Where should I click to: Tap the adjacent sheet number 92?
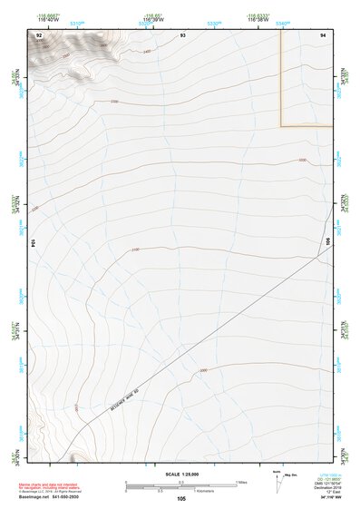pyautogui.click(x=39, y=34)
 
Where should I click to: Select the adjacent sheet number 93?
pyautogui.click(x=183, y=34)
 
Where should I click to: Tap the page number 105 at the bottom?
pyautogui.click(x=181, y=499)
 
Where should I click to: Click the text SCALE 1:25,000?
pyautogui.click(x=181, y=474)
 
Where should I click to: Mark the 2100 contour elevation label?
pyautogui.click(x=135, y=250)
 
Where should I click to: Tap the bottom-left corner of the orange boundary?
pyautogui.click(x=281, y=125)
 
